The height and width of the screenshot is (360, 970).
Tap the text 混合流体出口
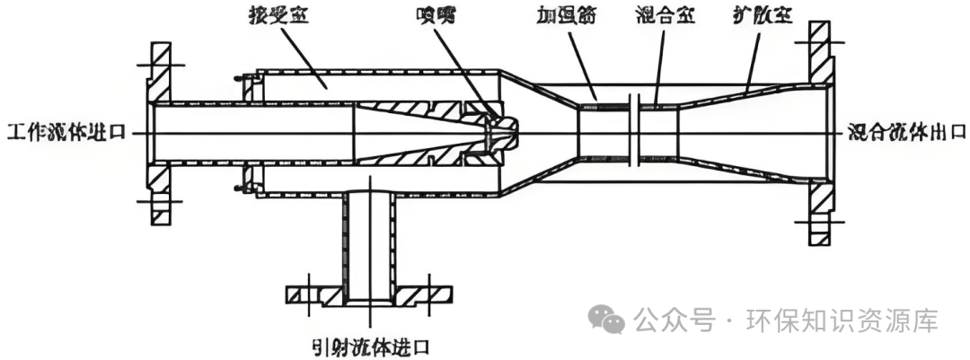tap(906, 133)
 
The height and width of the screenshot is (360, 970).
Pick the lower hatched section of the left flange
tap(159, 193)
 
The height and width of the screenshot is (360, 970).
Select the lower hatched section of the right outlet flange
tap(819, 211)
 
